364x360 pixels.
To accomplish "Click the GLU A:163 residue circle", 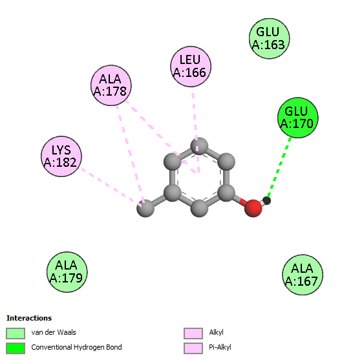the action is (x=270, y=38).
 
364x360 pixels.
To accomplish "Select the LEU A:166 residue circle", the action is (x=191, y=67).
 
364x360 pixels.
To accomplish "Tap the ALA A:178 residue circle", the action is (x=111, y=85).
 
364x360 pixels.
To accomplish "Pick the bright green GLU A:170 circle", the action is (x=298, y=118).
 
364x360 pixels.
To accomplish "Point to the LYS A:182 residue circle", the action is (x=61, y=156).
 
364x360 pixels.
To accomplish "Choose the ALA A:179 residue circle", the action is (x=67, y=272).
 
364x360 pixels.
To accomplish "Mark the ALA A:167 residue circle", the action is (x=303, y=275).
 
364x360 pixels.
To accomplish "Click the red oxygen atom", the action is (x=253, y=208).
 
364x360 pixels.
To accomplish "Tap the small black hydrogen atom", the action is (x=266, y=200).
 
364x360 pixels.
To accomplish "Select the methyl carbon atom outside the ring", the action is (x=145, y=208).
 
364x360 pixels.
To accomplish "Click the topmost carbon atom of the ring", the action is (x=199, y=146).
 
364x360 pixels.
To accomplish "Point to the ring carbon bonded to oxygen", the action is (x=226, y=193).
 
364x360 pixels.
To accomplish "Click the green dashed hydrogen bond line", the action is (x=279, y=168).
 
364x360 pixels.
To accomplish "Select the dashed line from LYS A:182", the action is (x=111, y=187).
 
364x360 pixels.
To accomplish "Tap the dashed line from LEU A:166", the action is (x=196, y=133).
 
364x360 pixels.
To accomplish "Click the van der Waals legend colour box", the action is (x=16, y=334).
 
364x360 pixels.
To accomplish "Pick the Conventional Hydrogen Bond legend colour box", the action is (x=16, y=348).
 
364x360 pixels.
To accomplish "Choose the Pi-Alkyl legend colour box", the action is (x=193, y=348).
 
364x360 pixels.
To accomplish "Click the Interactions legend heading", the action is (x=29, y=318).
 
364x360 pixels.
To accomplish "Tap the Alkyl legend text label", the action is (x=216, y=332).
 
